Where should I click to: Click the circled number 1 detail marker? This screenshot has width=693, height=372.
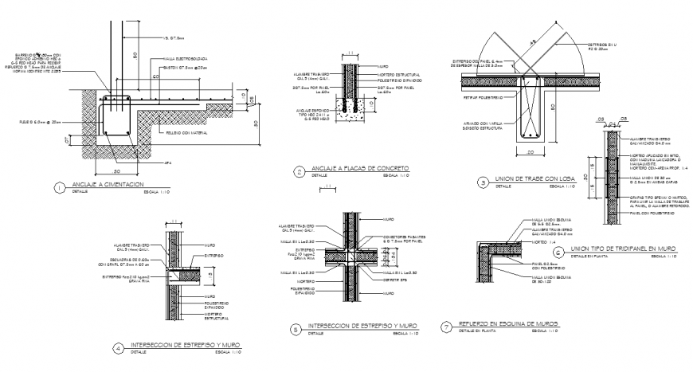coord(58,187)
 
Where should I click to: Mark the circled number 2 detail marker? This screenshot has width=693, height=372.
coord(297,170)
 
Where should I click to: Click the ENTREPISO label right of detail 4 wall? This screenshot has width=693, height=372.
coord(212,256)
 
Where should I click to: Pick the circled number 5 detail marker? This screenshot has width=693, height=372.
coord(297,328)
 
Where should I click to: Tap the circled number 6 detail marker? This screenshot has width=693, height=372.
coord(558,252)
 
